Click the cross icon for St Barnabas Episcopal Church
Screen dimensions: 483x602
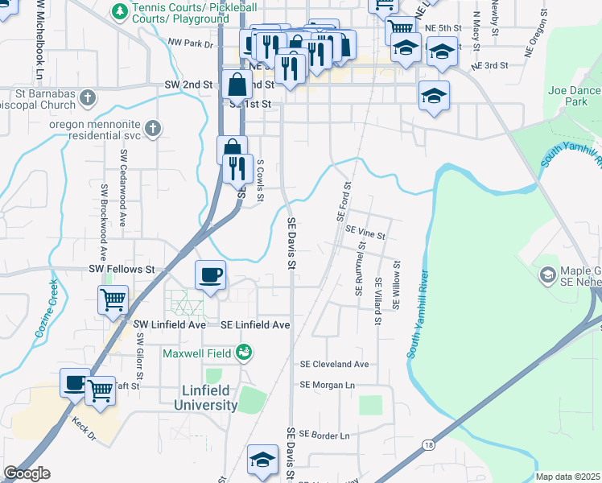pos(89,97)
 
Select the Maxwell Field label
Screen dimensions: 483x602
pos(198,353)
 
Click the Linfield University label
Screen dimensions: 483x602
pos(205,398)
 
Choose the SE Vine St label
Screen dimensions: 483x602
pos(365,230)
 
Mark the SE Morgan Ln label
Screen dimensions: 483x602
pos(327,385)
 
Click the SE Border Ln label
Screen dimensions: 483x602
pos(324,436)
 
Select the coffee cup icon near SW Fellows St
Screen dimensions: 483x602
pos(210,275)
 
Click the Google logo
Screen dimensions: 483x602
pos(27,473)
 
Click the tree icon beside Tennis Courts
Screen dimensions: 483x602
pos(119,12)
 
